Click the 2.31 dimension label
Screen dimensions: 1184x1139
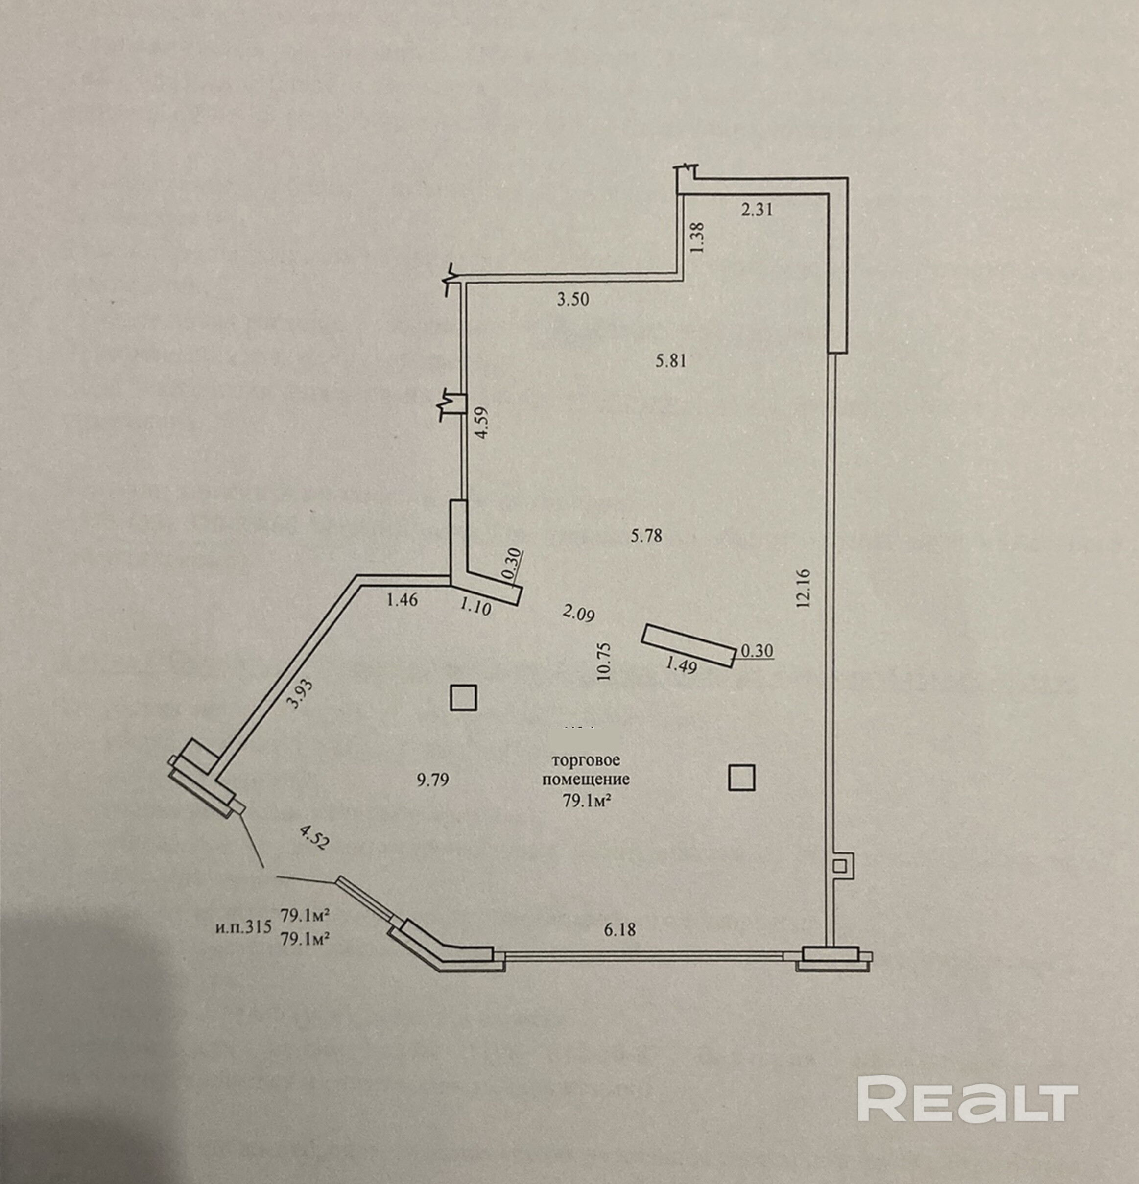click(x=757, y=210)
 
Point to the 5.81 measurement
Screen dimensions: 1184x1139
click(x=671, y=361)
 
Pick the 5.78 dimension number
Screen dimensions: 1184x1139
click(x=646, y=535)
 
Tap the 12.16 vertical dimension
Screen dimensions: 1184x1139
click(x=804, y=588)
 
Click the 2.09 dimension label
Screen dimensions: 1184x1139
click(x=578, y=614)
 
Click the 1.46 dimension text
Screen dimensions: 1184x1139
click(x=402, y=600)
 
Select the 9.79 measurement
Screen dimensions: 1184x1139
click(x=433, y=780)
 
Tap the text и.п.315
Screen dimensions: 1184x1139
click(x=243, y=927)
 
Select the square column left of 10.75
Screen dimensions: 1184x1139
click(x=463, y=697)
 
